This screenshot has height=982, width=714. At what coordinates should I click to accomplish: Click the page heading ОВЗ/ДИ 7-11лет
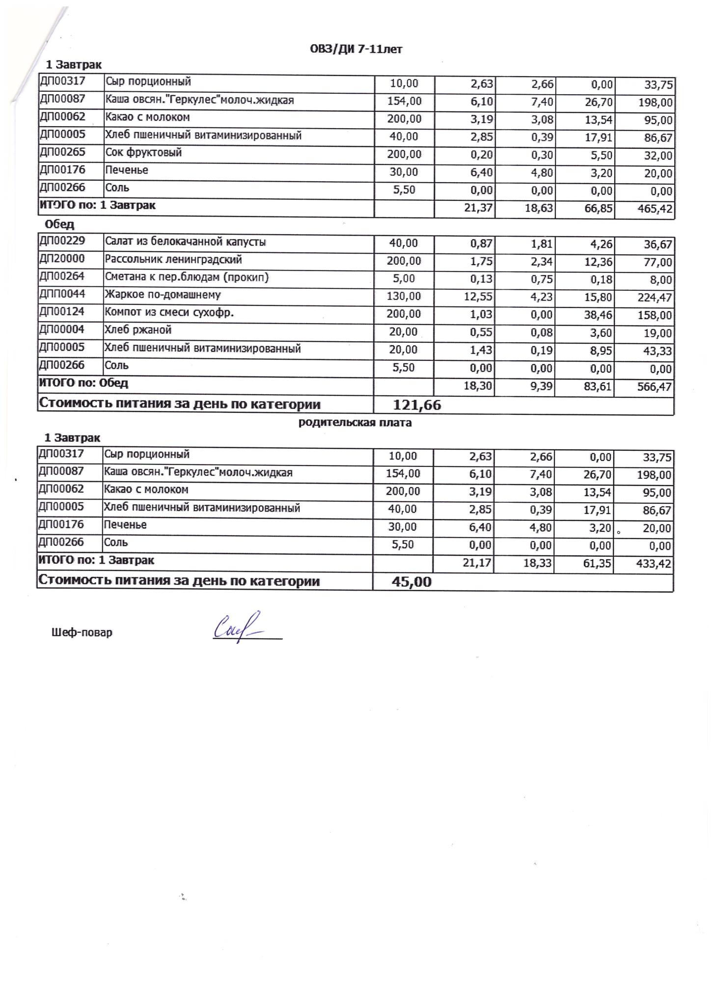356,49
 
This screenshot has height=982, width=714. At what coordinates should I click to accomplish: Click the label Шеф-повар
82,632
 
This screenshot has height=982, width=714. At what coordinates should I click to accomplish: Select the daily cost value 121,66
417,405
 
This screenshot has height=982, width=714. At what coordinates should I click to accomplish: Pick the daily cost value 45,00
412,582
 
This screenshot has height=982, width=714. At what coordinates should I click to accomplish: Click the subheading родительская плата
355,423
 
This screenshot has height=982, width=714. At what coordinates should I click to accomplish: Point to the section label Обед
59,224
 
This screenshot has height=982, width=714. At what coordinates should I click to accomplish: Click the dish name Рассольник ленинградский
173,259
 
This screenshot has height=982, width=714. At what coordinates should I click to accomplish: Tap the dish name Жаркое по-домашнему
163,295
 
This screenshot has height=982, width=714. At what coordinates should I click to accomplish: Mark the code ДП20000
62,259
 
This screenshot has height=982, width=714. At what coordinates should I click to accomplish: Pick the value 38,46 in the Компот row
598,315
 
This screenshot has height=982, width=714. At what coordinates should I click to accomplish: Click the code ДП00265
62,152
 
